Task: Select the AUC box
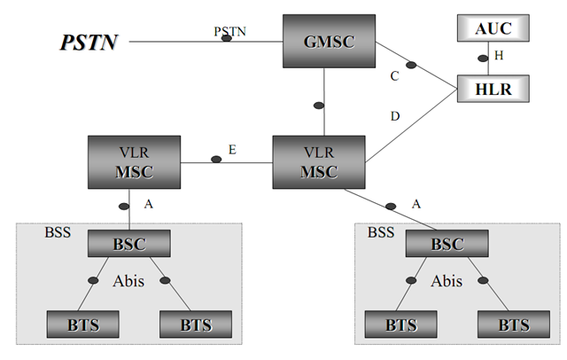coord(493,28)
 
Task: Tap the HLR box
coord(493,88)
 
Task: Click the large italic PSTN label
coord(89,42)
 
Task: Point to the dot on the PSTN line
coord(227,40)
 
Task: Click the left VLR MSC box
coord(134,162)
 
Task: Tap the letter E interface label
coord(232,151)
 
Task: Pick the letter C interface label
coord(394,76)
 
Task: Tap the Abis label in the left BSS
coord(128,281)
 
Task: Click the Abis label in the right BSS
coord(447,281)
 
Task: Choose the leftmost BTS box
coord(74,325)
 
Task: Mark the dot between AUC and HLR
coord(484,59)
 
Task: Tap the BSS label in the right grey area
coord(381,233)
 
